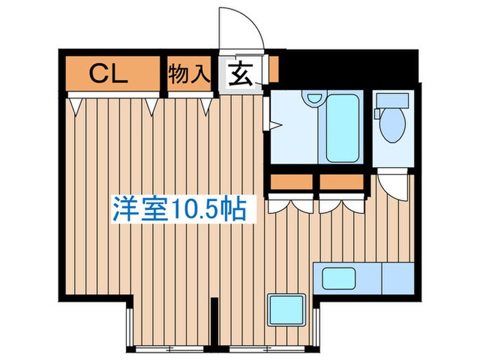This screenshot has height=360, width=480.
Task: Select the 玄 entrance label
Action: [239, 73]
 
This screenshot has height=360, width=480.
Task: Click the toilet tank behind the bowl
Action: [393, 100]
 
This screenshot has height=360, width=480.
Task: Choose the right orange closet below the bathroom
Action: [341, 182]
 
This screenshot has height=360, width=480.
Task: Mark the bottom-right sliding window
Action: [263, 339]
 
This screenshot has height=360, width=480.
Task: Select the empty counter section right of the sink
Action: [396, 278]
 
